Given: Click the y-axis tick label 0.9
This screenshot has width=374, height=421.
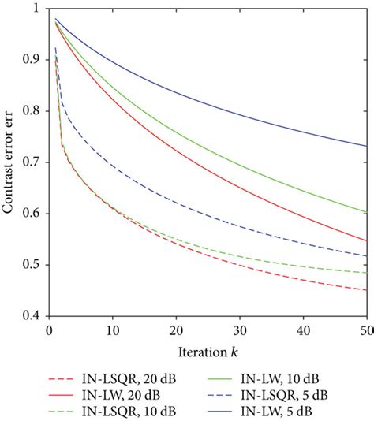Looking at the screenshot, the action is pos(31,59).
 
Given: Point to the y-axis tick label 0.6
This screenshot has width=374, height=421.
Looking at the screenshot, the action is pos(31,213).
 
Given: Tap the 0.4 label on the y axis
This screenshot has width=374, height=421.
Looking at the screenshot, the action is pos(31,315).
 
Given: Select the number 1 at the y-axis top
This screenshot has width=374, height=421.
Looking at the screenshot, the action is pos(36,8).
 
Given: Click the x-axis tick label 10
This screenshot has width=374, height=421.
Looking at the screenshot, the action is pos(113,331).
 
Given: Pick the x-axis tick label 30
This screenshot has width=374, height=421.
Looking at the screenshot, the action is pos(240,331).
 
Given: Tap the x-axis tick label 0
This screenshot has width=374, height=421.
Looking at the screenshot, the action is pos(49,331).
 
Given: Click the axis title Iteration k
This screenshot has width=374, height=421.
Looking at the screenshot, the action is pos(208,352).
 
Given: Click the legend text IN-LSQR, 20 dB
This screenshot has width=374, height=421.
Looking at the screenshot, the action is pos(129,379).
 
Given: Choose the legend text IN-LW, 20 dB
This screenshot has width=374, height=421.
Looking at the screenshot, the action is pos(121,395).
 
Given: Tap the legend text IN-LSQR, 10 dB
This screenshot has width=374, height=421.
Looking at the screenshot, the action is pos(129,411).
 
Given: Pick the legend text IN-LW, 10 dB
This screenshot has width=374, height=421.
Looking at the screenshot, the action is pos(280,379).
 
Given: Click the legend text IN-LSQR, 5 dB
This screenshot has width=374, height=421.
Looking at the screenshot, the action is pos(284,395).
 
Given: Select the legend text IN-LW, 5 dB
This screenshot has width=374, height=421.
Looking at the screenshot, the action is pos(276,411).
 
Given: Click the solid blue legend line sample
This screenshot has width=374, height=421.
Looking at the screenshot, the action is pos(220,411).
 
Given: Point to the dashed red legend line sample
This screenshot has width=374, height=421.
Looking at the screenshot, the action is pos(61,379).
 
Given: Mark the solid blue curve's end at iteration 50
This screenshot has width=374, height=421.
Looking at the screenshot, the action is pos(367,146).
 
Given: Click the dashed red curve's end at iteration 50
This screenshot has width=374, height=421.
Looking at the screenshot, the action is pos(367,290).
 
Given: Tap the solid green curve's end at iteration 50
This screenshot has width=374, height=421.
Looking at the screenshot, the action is pos(367,212).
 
